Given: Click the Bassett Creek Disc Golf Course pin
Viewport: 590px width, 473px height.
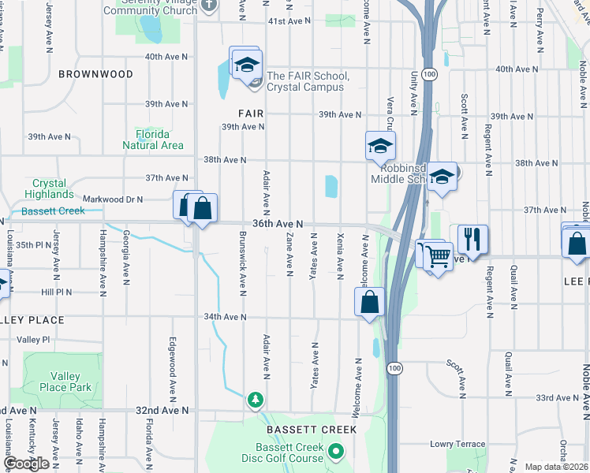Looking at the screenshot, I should coord(336,452).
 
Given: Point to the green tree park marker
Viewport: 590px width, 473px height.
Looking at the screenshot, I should coord(255,399).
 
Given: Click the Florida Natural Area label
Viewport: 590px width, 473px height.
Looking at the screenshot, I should coord(153,140).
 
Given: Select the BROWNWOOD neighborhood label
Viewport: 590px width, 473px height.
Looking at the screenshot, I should coord(95,74).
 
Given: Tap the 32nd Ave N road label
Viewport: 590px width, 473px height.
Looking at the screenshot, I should coord(162,411).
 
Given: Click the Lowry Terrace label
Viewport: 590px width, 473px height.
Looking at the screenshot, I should coord(457,445).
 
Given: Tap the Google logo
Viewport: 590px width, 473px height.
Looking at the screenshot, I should coord(26,464).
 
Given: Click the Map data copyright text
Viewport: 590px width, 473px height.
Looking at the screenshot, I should coord(557,467).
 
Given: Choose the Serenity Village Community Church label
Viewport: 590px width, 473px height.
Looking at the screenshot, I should coord(151,6).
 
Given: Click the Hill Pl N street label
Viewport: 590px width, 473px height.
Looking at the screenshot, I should coord(56,292).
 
